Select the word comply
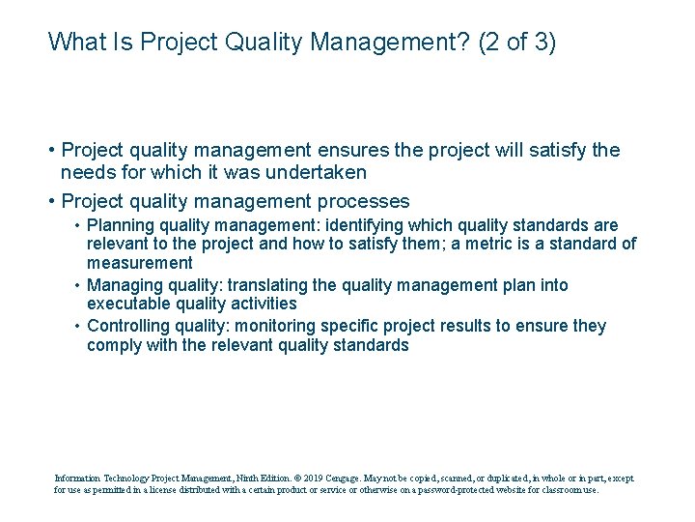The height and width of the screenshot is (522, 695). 112,345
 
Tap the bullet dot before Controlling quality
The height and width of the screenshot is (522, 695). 76,326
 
